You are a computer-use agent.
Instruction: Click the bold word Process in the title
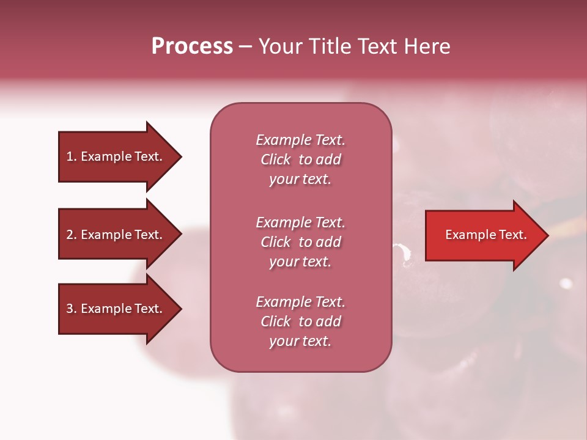192,46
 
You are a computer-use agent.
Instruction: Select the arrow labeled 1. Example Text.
116,156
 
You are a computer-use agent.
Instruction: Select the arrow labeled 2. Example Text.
116,235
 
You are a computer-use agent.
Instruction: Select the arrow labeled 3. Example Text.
116,309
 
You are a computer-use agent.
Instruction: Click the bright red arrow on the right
483,235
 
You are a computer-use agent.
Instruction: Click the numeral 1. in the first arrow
72,156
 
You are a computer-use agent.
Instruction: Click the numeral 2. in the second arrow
72,235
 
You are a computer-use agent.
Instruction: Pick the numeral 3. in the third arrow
72,309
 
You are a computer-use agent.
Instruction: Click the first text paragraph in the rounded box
300,159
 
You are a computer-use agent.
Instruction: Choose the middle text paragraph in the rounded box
300,242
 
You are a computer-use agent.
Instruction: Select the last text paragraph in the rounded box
300,321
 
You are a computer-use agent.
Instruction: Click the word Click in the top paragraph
276,159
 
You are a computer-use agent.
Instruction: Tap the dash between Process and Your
245,47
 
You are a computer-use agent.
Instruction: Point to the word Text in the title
379,46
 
